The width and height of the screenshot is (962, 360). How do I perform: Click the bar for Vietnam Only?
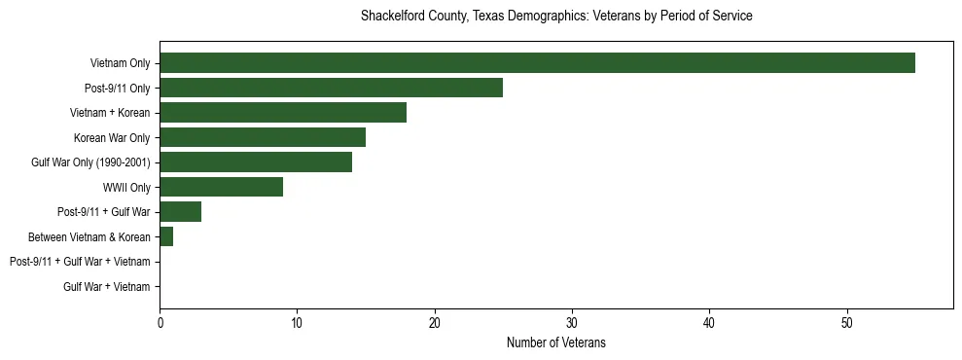(537, 63)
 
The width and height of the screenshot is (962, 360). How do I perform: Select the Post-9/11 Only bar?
(331, 88)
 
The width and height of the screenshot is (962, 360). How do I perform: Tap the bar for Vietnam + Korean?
(283, 113)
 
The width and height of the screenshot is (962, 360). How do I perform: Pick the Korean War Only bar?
(263, 137)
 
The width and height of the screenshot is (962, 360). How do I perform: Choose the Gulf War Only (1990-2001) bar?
(256, 162)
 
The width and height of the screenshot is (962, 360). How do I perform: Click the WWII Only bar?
(221, 187)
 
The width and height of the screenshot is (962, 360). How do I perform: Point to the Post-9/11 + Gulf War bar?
(180, 212)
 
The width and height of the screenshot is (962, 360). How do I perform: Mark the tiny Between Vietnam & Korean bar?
(166, 236)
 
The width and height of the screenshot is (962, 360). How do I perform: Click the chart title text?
(556, 17)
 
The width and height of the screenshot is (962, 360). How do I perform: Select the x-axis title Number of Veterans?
(556, 342)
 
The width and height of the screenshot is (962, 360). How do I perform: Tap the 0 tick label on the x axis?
(160, 323)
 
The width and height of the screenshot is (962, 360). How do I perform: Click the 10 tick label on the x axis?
(297, 323)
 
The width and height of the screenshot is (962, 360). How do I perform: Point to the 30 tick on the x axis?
(572, 323)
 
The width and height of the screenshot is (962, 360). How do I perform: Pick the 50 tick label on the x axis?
(847, 323)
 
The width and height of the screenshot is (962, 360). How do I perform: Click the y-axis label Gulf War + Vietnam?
(107, 287)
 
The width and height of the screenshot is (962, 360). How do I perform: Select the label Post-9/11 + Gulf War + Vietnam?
(80, 262)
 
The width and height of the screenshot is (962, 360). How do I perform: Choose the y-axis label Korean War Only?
(112, 138)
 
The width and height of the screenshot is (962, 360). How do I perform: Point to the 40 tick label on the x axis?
(710, 323)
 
